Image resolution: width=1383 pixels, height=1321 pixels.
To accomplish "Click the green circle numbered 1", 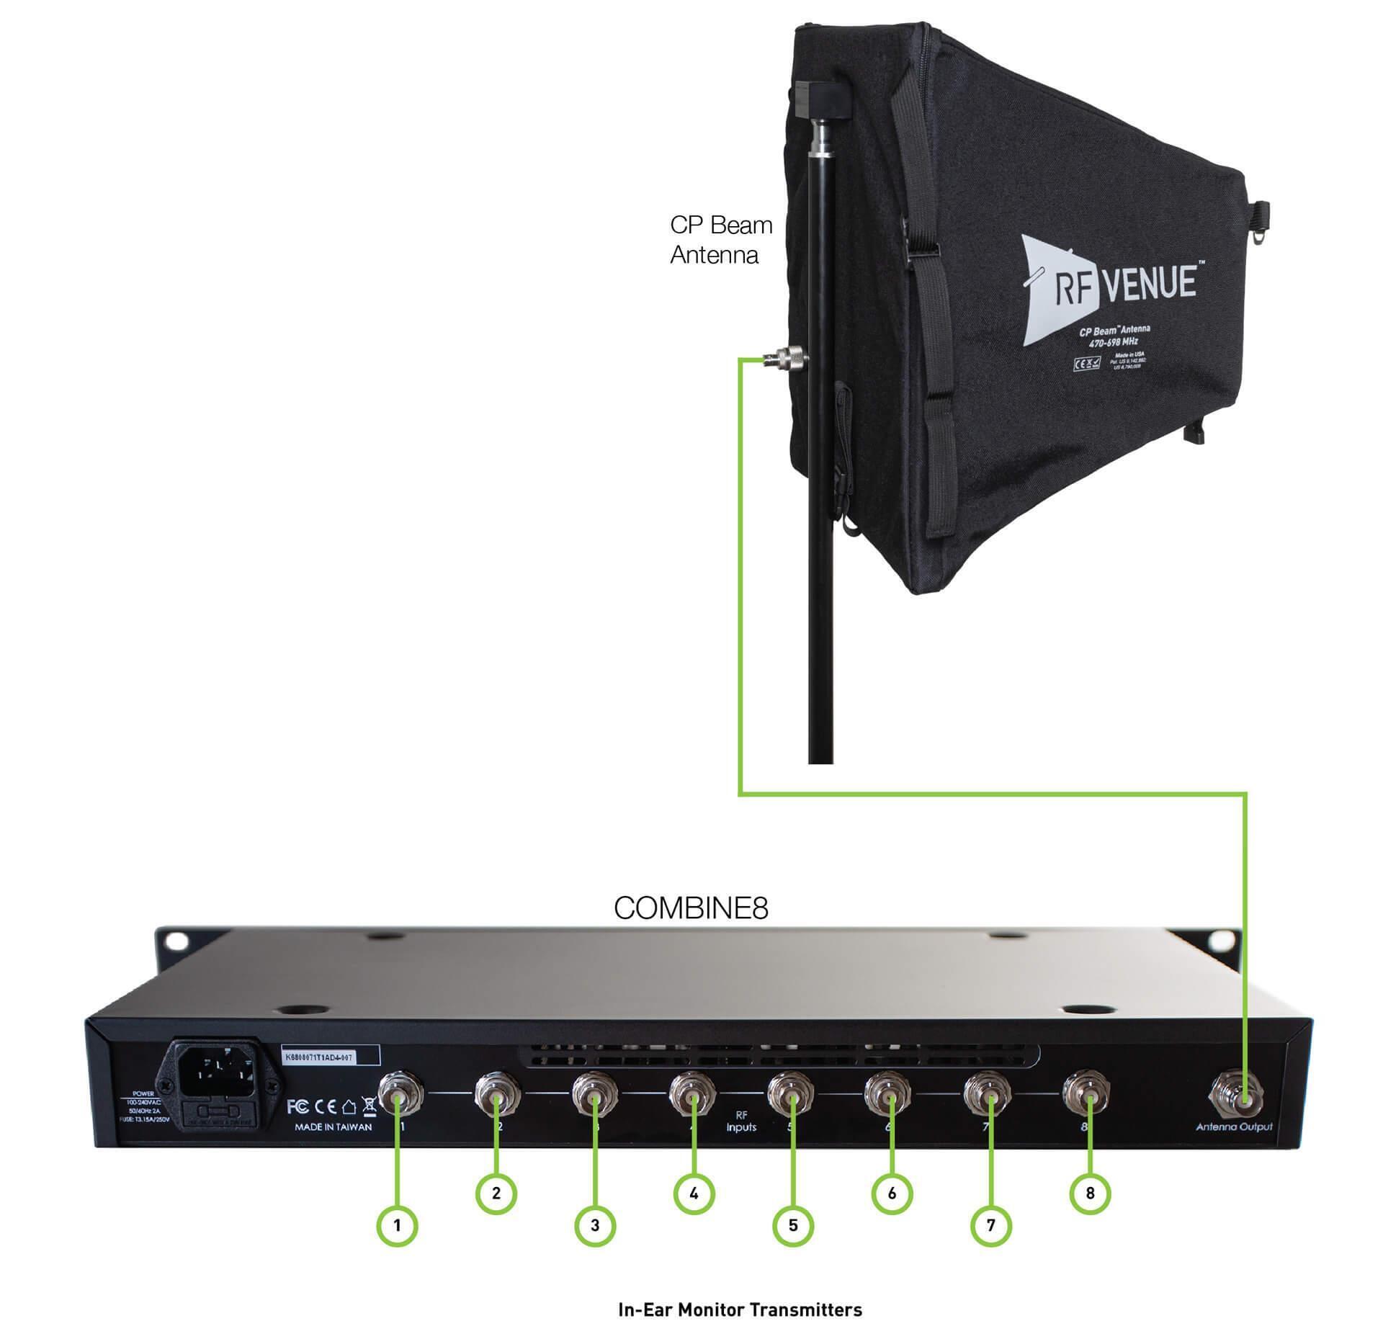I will [x=397, y=1225].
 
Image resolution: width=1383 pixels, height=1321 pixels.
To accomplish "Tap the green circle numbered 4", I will [x=694, y=1194].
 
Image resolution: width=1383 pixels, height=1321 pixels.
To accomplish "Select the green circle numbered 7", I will [x=991, y=1225].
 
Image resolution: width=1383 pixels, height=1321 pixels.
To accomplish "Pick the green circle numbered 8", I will [x=1090, y=1194].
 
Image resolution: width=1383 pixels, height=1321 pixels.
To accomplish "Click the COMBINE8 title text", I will [x=691, y=908].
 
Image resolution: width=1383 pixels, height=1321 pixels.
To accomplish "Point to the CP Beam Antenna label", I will [x=720, y=240].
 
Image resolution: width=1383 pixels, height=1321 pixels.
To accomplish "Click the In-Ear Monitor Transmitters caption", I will [x=740, y=1309].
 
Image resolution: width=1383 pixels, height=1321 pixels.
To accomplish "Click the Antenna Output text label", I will [x=1234, y=1127].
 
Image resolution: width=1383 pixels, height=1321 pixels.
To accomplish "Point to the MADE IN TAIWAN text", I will [x=333, y=1127].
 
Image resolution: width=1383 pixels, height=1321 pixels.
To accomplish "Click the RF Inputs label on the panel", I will [x=741, y=1121].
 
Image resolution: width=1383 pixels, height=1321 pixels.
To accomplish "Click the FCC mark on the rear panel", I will [x=298, y=1106].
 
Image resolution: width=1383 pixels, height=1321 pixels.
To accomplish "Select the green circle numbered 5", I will [x=793, y=1225].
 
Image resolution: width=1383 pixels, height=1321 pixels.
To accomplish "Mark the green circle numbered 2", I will [x=496, y=1194].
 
